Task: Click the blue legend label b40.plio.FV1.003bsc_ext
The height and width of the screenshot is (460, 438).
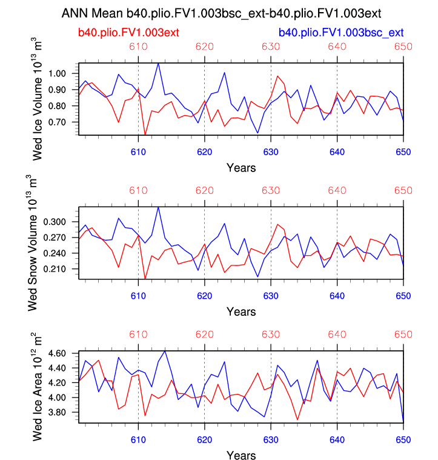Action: coord(340,32)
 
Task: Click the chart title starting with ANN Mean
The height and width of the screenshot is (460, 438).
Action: coord(219,13)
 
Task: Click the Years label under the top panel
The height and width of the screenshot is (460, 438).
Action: coord(241,167)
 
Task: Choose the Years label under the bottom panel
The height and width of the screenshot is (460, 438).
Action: coord(241,455)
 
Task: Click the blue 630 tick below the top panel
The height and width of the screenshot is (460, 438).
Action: coord(271,152)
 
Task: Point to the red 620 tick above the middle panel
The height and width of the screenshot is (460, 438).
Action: coord(205,190)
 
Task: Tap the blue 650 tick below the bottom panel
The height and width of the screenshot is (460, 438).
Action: coord(403,439)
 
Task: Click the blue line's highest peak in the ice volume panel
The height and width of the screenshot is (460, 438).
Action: coord(158,63)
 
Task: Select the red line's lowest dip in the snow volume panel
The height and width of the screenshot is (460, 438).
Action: coord(145,279)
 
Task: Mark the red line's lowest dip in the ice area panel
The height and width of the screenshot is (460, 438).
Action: coord(297,419)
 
